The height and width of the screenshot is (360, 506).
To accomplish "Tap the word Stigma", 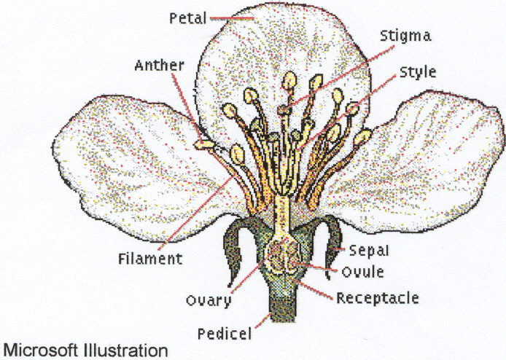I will coord(405,34).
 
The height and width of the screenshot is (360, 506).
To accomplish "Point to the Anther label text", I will coord(159,65).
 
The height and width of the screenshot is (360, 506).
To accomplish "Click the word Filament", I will coord(149,258).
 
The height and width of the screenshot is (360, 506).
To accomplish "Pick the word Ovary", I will coord(209,300).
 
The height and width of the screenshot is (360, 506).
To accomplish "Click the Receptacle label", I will coord(377,297).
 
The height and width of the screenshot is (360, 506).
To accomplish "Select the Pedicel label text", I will coord(225,334).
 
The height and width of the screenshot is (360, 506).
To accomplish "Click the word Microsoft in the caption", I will coord(42,350).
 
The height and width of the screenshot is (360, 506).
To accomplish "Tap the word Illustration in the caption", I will coord(126,350).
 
